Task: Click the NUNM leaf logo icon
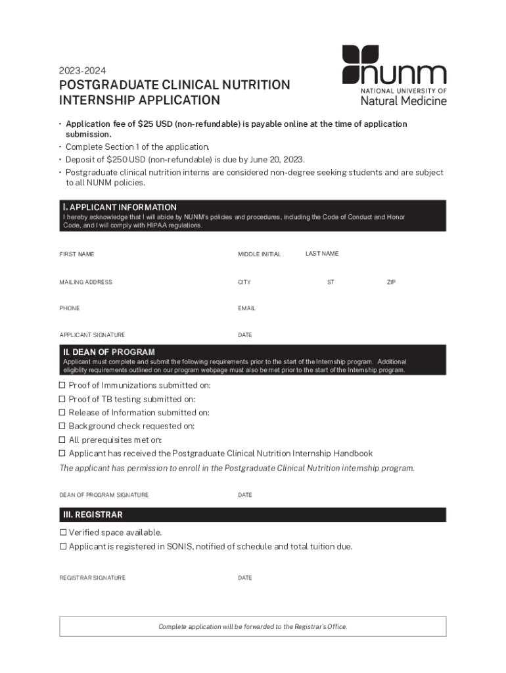(360, 64)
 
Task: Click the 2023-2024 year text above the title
(82, 70)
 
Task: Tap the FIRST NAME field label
(77, 254)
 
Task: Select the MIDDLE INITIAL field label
(259, 254)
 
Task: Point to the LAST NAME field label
(322, 254)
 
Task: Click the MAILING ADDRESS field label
(86, 283)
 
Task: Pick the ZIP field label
(391, 283)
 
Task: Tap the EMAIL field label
(246, 308)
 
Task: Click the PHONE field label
(70, 308)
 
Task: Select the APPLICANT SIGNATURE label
(92, 335)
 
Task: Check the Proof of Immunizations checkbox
(63, 385)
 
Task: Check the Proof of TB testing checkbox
(63, 399)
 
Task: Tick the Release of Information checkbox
(63, 413)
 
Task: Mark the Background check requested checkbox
(63, 426)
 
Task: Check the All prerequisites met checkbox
(63, 440)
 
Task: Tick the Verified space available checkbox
(63, 532)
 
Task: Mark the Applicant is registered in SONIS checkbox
(63, 546)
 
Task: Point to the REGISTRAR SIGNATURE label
(92, 578)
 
